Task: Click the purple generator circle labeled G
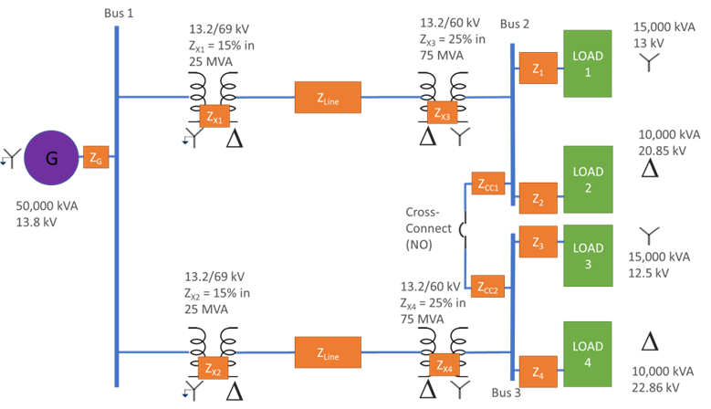51,158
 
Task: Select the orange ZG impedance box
96,158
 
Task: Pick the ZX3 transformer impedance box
441,114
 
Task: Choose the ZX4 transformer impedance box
442,366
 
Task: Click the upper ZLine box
328,98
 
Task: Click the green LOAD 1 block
587,62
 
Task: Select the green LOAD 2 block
587,179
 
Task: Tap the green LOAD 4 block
587,357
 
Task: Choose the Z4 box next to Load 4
538,373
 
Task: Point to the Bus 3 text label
506,393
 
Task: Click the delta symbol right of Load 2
650,169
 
